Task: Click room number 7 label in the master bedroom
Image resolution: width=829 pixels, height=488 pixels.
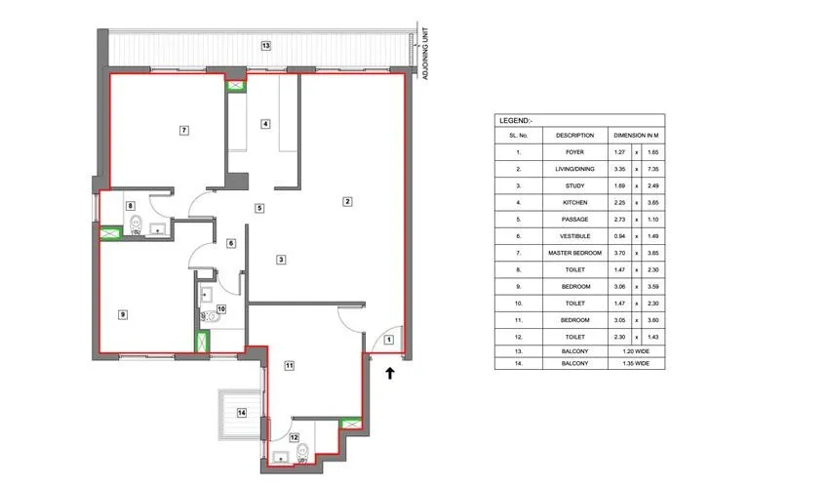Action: click(x=182, y=130)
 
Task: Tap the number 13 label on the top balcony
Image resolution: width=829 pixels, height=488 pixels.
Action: click(x=265, y=46)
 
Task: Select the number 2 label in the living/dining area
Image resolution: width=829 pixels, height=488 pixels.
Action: click(x=346, y=201)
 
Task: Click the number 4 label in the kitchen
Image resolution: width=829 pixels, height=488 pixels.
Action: click(x=265, y=124)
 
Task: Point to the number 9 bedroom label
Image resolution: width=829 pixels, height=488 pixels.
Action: click(x=123, y=314)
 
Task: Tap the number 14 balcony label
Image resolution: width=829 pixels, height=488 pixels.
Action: click(x=241, y=414)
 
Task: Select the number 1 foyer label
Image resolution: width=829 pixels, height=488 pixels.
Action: click(x=387, y=340)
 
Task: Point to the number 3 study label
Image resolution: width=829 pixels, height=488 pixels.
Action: click(x=281, y=260)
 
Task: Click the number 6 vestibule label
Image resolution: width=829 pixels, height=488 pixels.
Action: click(x=231, y=243)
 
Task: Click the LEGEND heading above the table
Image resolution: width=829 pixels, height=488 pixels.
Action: click(x=515, y=120)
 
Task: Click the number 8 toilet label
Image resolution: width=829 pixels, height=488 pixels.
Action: click(x=130, y=205)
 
